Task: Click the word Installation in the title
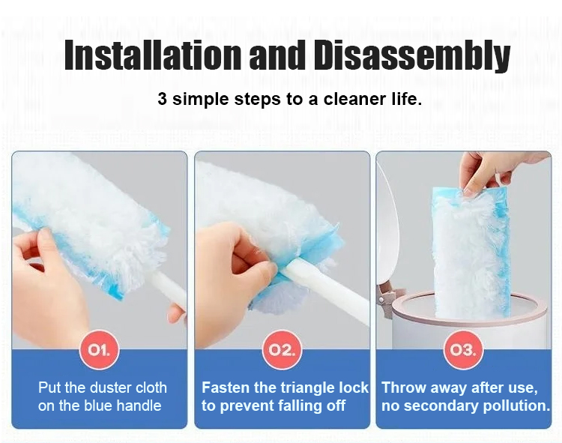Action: pos(153,55)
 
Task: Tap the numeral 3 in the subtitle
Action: pos(162,99)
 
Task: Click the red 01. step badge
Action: pos(99,350)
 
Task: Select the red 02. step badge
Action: pos(282,350)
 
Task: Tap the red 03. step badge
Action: pos(463,350)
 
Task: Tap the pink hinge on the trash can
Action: pos(386,298)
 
